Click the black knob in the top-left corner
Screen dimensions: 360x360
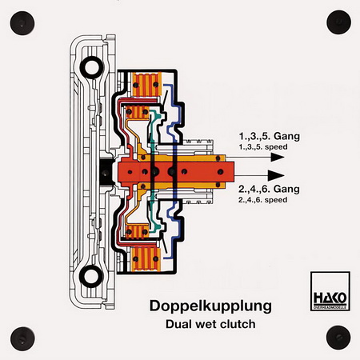22,23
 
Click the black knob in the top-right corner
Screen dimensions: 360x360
338,22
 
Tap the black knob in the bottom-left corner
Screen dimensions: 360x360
22,339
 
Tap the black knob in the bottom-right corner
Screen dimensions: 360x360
338,338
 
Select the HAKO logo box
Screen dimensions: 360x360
330,291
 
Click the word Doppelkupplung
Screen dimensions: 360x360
210,306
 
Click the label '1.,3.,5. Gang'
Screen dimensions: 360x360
269,136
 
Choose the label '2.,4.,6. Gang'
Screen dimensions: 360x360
269,189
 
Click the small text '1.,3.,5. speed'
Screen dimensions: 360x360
263,147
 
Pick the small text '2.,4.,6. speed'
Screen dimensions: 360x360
263,200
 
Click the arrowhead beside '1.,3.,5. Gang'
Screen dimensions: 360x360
278,157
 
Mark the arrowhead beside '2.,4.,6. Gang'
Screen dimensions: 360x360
276,175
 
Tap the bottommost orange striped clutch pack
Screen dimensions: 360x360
146,259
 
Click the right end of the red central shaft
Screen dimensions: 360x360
233,172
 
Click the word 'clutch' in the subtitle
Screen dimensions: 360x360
238,324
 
